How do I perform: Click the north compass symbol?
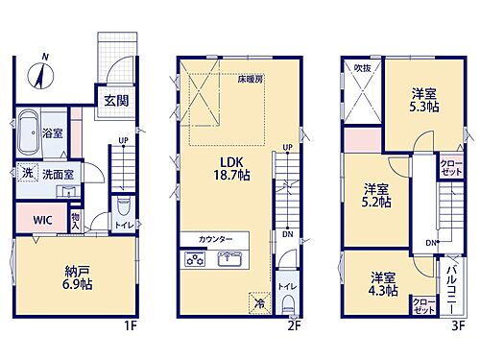tap(44, 70)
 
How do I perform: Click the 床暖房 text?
tap(252, 81)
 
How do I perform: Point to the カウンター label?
tap(214, 237)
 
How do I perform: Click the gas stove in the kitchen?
tap(193, 258)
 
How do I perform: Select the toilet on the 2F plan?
tap(291, 304)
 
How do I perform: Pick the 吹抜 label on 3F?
tap(363, 68)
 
